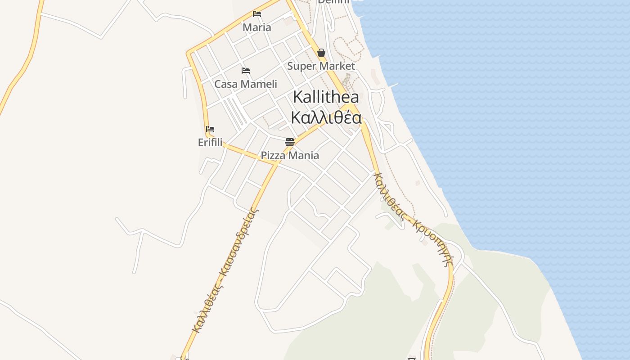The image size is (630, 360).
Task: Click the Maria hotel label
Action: click(257, 27)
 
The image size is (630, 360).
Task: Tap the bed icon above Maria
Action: click(257, 14)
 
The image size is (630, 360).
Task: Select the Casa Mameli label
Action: click(246, 84)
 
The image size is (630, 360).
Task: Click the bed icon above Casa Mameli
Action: click(246, 71)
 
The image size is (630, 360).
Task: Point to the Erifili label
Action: click(210, 143)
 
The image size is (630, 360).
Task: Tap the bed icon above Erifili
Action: click(210, 129)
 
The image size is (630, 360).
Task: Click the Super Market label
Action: click(321, 66)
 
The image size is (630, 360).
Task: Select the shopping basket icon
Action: click(321, 53)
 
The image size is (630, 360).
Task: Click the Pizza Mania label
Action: click(290, 156)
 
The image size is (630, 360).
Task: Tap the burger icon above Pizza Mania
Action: click(290, 143)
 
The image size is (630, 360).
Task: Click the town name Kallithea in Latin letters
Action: click(326, 97)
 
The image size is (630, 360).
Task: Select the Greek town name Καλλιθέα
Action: click(326, 118)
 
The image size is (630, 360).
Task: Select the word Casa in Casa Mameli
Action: click(225, 84)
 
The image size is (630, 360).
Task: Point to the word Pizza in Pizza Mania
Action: click(273, 156)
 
